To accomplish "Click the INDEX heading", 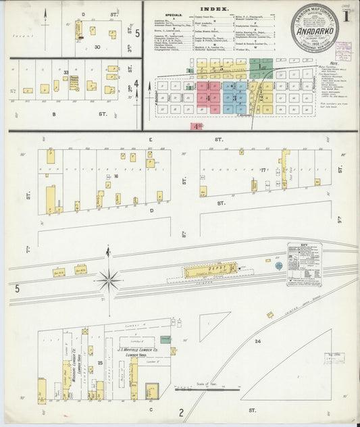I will pos(214,9).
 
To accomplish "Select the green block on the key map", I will pos(257,66).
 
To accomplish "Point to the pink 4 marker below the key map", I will pos(197,126).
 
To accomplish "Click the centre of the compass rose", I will pos(107,278).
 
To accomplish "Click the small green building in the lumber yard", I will pos(165,340).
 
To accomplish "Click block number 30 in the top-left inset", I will pos(97,47).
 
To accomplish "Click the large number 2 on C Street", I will pos(180,412).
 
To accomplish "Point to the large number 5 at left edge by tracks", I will pos(9,289).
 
